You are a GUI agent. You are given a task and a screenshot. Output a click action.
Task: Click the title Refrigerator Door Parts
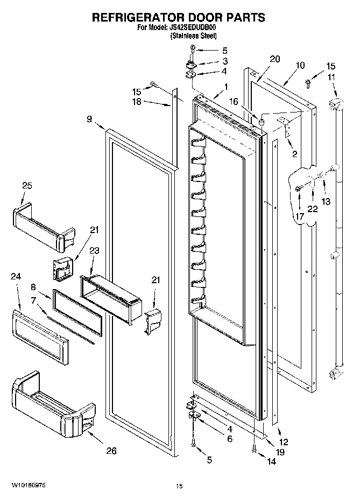click(x=179, y=17)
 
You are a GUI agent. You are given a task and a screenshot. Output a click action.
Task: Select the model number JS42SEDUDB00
click(x=194, y=27)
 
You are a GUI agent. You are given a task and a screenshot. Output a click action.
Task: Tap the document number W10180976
click(x=27, y=485)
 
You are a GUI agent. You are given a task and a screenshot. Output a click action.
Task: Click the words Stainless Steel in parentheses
click(x=193, y=36)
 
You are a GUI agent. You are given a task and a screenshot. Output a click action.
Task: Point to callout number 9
click(x=89, y=120)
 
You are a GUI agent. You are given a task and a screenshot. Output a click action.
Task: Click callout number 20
click(x=274, y=60)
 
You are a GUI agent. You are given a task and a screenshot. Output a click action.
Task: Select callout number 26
click(x=110, y=451)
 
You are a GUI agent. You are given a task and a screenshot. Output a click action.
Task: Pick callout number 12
click(x=284, y=442)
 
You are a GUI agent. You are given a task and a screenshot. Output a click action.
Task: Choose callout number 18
click(x=138, y=101)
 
